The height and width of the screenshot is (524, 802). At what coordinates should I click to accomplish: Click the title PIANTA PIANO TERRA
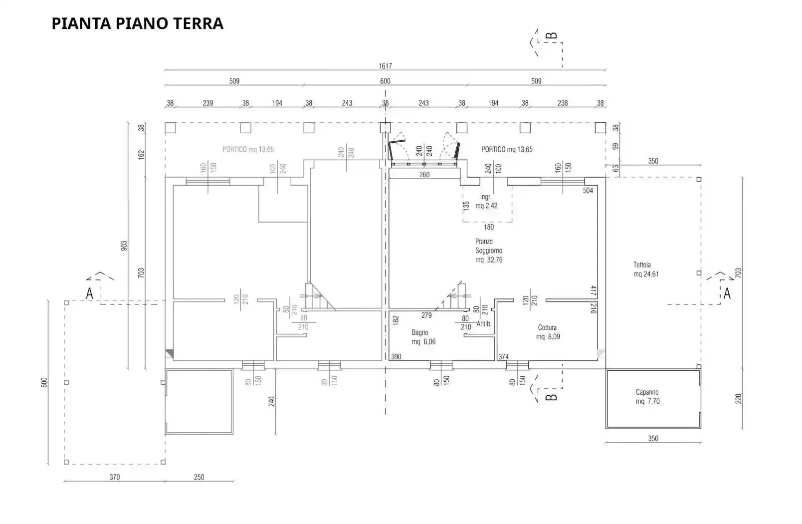click(137, 23)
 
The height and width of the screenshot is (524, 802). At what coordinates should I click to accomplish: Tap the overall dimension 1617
click(385, 66)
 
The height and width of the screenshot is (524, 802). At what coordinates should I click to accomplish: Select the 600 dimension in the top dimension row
click(385, 81)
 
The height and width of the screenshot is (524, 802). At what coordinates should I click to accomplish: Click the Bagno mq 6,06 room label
click(423, 337)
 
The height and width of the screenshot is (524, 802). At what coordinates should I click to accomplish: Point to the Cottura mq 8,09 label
click(547, 332)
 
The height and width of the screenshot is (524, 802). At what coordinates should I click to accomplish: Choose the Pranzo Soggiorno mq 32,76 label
click(489, 251)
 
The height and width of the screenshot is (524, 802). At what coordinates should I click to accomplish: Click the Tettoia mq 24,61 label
click(645, 269)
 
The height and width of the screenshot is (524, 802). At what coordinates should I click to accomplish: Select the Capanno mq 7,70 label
click(647, 397)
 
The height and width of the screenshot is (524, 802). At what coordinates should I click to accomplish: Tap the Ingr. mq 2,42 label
click(486, 201)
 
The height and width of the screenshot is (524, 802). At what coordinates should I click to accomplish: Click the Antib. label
click(484, 324)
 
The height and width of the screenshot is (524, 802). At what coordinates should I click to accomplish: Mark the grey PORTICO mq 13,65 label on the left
click(248, 149)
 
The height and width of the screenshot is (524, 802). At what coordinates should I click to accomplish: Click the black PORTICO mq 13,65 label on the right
click(507, 149)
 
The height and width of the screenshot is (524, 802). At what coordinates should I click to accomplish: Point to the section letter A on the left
click(89, 293)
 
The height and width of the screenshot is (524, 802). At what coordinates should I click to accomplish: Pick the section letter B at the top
click(552, 36)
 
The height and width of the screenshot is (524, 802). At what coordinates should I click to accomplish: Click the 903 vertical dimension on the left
click(124, 246)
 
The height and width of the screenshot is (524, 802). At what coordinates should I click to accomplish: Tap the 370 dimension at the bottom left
click(115, 477)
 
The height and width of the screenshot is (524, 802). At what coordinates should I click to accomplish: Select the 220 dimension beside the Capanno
click(738, 398)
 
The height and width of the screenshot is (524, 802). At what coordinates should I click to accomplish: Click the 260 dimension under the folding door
click(424, 175)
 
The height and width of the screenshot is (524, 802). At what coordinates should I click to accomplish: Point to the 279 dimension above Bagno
click(426, 315)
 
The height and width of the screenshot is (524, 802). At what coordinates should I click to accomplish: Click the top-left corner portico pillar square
click(170, 128)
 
